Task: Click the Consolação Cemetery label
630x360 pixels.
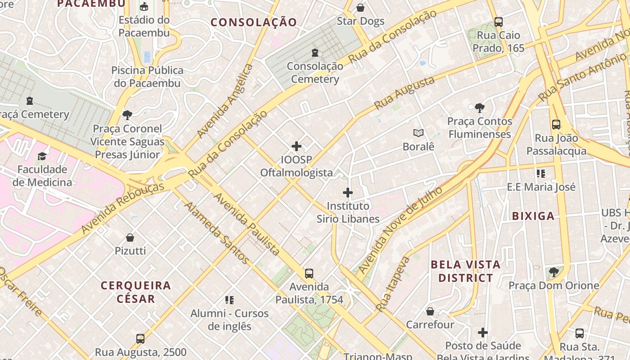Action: pos(315,72)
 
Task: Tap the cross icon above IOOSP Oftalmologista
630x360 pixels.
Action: pos(297,146)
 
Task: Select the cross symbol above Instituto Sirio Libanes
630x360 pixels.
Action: pos(348,193)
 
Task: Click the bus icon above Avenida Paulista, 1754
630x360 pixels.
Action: pos(309,273)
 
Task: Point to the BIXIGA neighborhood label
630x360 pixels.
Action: pos(533,216)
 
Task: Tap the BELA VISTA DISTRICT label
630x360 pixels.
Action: pos(466,271)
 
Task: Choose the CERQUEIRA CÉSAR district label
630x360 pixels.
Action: pos(136,292)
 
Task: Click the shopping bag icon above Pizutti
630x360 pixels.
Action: pos(130,237)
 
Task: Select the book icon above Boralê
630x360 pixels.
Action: pos(418,133)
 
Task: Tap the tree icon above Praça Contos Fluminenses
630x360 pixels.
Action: pos(480,108)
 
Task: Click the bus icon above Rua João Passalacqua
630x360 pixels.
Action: pos(556,125)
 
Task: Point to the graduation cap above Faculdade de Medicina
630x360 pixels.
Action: pos(42,156)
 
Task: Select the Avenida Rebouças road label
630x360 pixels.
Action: pos(123,208)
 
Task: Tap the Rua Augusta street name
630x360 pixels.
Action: pos(404,93)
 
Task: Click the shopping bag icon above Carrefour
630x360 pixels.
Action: pos(430,311)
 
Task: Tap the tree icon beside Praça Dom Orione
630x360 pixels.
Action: pos(554,272)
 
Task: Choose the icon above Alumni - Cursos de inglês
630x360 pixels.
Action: pos(229,300)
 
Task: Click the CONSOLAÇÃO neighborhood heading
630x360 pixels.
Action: pos(254,22)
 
